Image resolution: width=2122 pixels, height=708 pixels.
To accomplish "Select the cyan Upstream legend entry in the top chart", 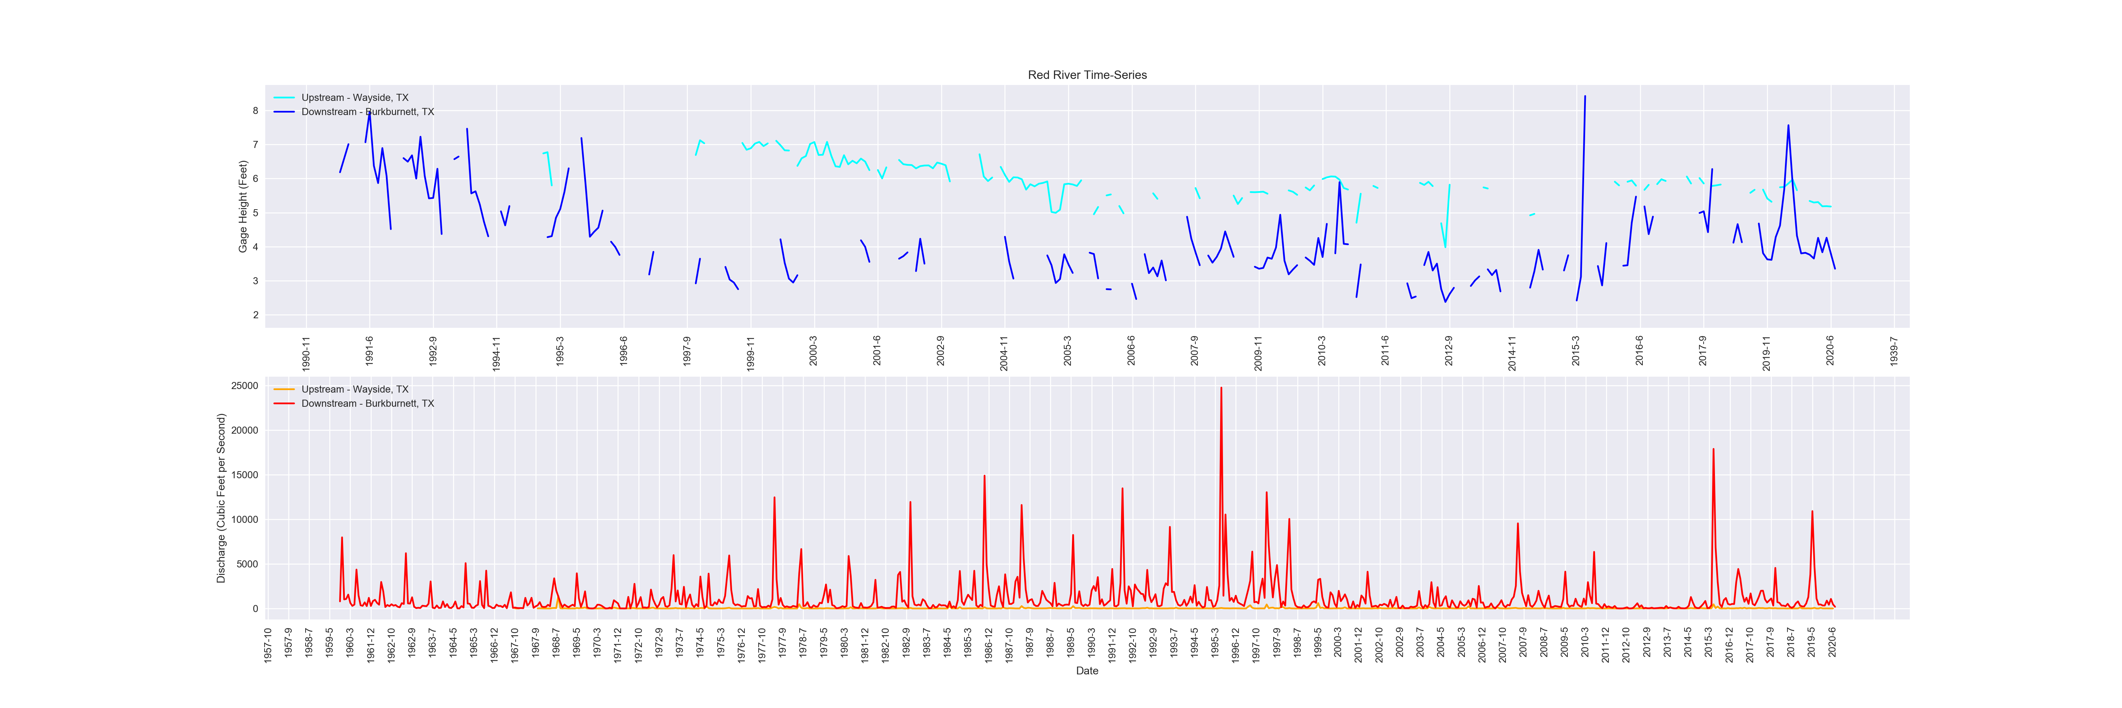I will [354, 97].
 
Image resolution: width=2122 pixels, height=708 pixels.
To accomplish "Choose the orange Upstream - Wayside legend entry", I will [354, 389].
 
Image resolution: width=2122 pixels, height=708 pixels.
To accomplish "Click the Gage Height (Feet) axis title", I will [243, 206].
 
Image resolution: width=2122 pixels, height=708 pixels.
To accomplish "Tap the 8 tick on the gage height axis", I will [255, 110].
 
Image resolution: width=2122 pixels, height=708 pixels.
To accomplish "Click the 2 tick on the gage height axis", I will [255, 315].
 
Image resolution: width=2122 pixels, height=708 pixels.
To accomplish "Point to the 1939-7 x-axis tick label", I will [1894, 350].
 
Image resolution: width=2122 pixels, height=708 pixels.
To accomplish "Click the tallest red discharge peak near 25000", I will [1221, 388].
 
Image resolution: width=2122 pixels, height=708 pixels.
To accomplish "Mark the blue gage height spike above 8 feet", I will [1584, 97].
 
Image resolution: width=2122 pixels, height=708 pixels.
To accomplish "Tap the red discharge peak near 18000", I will [1714, 450].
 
